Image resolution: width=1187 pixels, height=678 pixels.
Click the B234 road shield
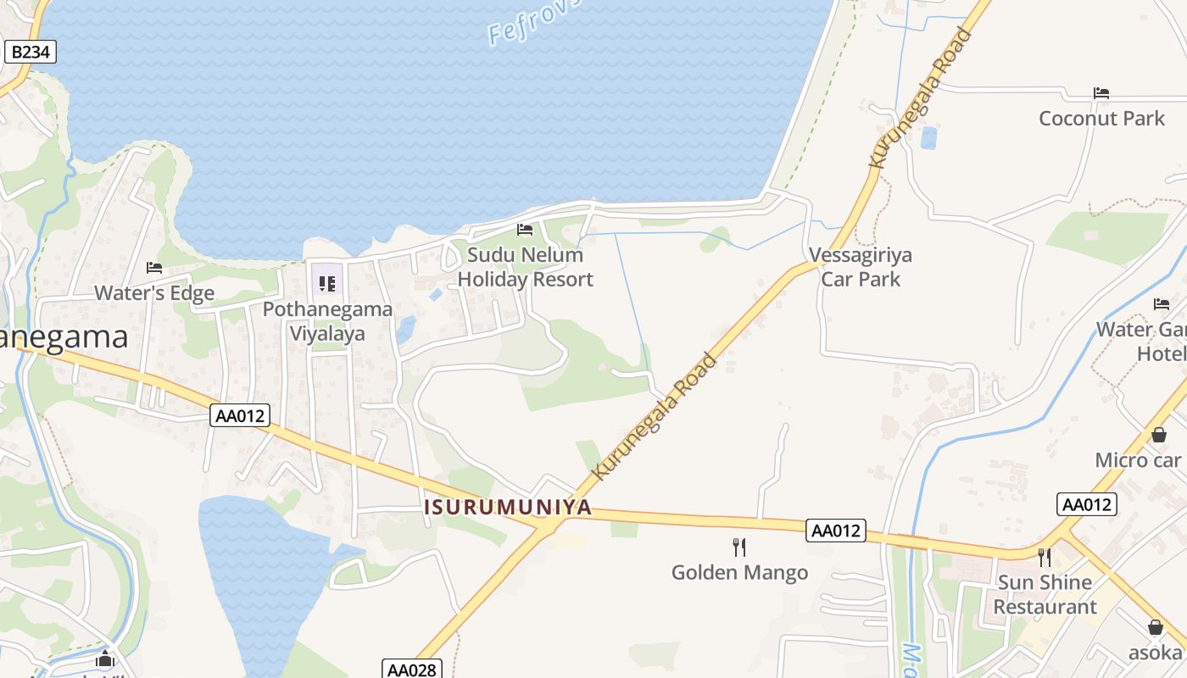click(x=31, y=52)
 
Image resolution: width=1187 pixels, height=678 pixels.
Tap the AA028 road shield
click(x=411, y=670)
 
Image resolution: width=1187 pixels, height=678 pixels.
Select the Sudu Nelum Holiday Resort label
click(x=526, y=267)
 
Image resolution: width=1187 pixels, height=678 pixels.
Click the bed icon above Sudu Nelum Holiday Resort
click(x=525, y=230)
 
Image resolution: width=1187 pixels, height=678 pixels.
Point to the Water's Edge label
click(x=154, y=293)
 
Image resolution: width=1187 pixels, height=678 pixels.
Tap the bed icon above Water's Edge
click(x=154, y=268)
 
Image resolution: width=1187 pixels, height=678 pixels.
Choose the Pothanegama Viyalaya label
click(x=327, y=321)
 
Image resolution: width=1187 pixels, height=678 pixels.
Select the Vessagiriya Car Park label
click(x=861, y=267)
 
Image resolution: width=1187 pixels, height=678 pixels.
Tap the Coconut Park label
click(x=1101, y=118)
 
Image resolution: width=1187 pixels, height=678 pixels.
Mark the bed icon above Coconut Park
click(x=1101, y=92)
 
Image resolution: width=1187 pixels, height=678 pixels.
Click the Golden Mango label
click(x=739, y=573)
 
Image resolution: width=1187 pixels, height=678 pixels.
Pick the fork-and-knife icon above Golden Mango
click(x=739, y=547)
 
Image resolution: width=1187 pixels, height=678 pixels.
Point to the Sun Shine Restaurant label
click(x=1045, y=594)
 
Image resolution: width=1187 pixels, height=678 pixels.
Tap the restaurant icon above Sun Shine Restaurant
click(x=1045, y=557)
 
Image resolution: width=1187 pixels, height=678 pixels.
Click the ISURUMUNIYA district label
click(x=507, y=508)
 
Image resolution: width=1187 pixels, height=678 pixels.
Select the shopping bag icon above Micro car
click(x=1159, y=435)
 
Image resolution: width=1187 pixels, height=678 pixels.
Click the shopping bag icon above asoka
click(x=1155, y=627)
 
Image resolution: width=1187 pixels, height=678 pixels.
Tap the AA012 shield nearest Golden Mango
click(x=836, y=531)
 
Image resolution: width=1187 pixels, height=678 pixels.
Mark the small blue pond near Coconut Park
click(x=928, y=137)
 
